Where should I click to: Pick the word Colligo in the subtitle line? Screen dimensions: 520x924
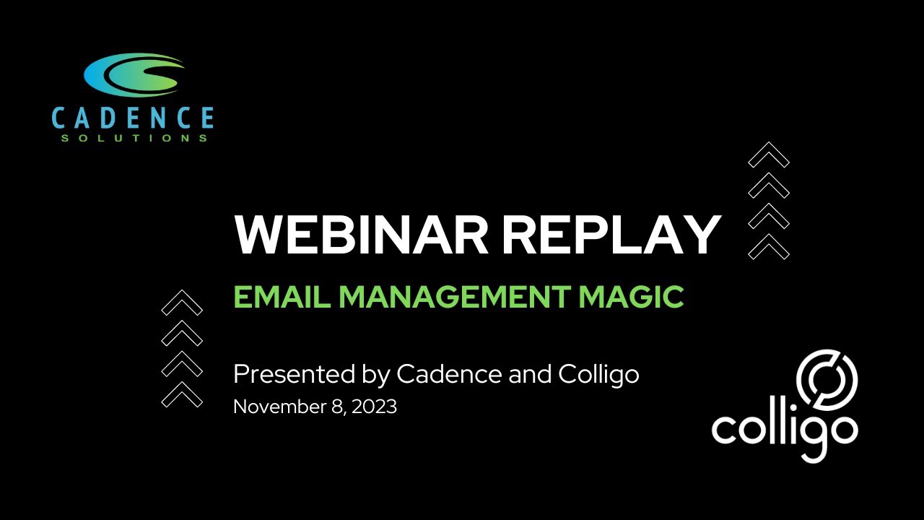pos(598,375)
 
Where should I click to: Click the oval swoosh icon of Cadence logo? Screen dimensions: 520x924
pos(134,74)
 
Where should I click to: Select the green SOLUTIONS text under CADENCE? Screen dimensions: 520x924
pos(134,138)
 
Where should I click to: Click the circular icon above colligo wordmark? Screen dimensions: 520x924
pos(827,379)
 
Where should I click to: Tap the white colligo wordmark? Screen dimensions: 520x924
pos(785,430)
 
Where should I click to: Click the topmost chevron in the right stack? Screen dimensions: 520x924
pos(769,154)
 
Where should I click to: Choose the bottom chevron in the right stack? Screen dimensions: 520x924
pos(769,247)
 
